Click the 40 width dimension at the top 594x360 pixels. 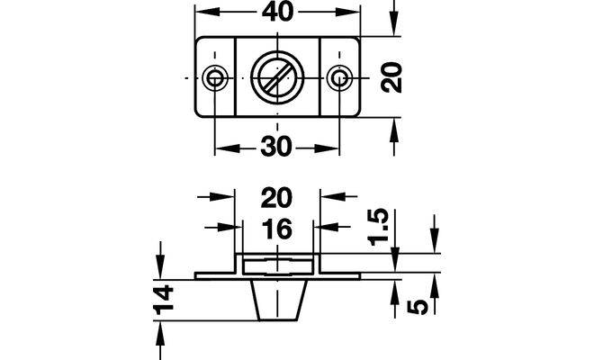tap(278, 12)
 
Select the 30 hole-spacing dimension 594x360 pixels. tap(276, 147)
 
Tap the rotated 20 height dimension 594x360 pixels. tap(391, 77)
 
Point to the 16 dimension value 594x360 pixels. tap(277, 229)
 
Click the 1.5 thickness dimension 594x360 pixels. tap(379, 227)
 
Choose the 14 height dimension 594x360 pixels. tap(164, 300)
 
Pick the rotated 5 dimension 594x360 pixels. tap(418, 307)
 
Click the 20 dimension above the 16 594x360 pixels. tap(276, 197)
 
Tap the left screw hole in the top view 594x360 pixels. tap(215, 78)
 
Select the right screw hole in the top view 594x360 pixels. tap(339, 78)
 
